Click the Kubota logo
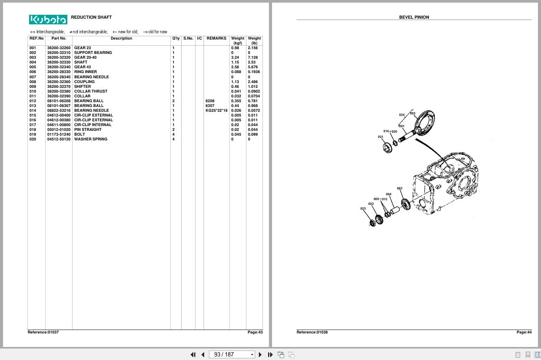(48, 20)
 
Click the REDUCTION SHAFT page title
(91, 17)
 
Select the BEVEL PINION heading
(414, 17)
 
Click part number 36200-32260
(59, 48)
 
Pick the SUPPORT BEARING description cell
(93, 53)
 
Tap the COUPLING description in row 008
(84, 82)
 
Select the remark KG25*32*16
(216, 110)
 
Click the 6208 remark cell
(210, 101)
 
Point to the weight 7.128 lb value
(252, 57)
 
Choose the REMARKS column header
(216, 38)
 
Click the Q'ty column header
(176, 38)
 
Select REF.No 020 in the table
(33, 139)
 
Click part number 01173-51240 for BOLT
(59, 134)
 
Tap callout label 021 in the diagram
(381, 137)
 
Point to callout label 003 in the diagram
(399, 189)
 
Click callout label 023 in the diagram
(363, 209)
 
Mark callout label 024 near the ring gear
(402, 115)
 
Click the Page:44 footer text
(524, 332)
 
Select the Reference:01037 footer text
(43, 332)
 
